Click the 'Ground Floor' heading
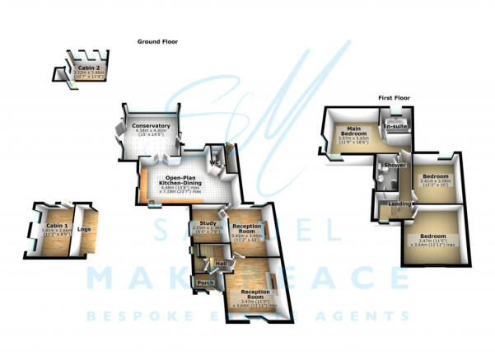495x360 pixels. (158, 41)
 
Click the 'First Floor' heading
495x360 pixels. (395, 97)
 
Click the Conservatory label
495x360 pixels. (150, 126)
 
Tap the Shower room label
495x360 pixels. (395, 165)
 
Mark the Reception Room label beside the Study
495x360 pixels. (247, 227)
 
